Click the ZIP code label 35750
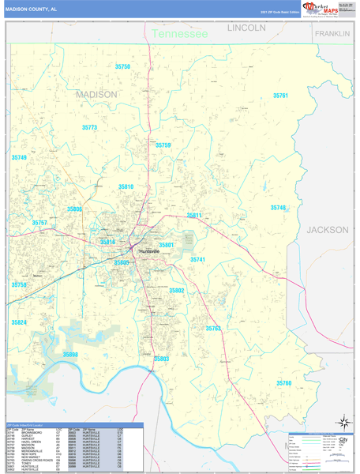click(122, 67)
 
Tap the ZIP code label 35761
click(280, 96)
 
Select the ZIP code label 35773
click(89, 127)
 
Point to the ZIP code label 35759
click(163, 145)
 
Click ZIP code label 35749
click(19, 158)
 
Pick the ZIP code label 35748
click(278, 208)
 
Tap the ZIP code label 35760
click(284, 382)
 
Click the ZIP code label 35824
click(19, 322)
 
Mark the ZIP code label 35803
click(161, 359)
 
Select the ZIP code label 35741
click(197, 259)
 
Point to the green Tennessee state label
click(179, 34)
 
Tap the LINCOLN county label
click(246, 28)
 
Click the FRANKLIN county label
click(332, 35)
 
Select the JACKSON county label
click(327, 230)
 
